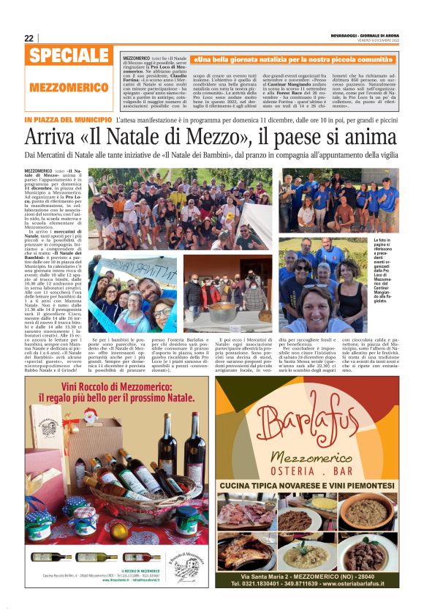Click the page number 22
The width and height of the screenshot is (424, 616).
click(29, 38)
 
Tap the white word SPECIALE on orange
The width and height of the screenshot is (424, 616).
click(70, 56)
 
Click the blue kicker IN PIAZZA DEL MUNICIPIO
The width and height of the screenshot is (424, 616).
click(68, 119)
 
